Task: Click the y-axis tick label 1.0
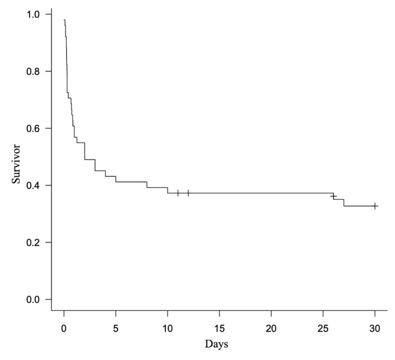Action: (33, 14)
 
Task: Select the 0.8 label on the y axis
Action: (33, 72)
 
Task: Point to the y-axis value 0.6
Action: (33, 128)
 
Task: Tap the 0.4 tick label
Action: (33, 186)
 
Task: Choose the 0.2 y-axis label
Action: (33, 242)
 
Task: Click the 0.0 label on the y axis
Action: (33, 300)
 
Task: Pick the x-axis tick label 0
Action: (64, 329)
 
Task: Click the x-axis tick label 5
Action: (116, 329)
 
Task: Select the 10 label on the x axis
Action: (168, 329)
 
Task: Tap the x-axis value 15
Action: (220, 329)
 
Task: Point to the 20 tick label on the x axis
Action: (272, 329)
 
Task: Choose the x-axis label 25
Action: (323, 329)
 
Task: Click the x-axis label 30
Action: (375, 329)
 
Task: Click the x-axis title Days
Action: (216, 345)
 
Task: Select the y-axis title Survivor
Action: (16, 164)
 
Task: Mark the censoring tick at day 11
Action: (178, 193)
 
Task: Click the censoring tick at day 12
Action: (188, 193)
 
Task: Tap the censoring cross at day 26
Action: (334, 196)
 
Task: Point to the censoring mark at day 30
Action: (375, 206)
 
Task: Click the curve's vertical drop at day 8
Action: (147, 184)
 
